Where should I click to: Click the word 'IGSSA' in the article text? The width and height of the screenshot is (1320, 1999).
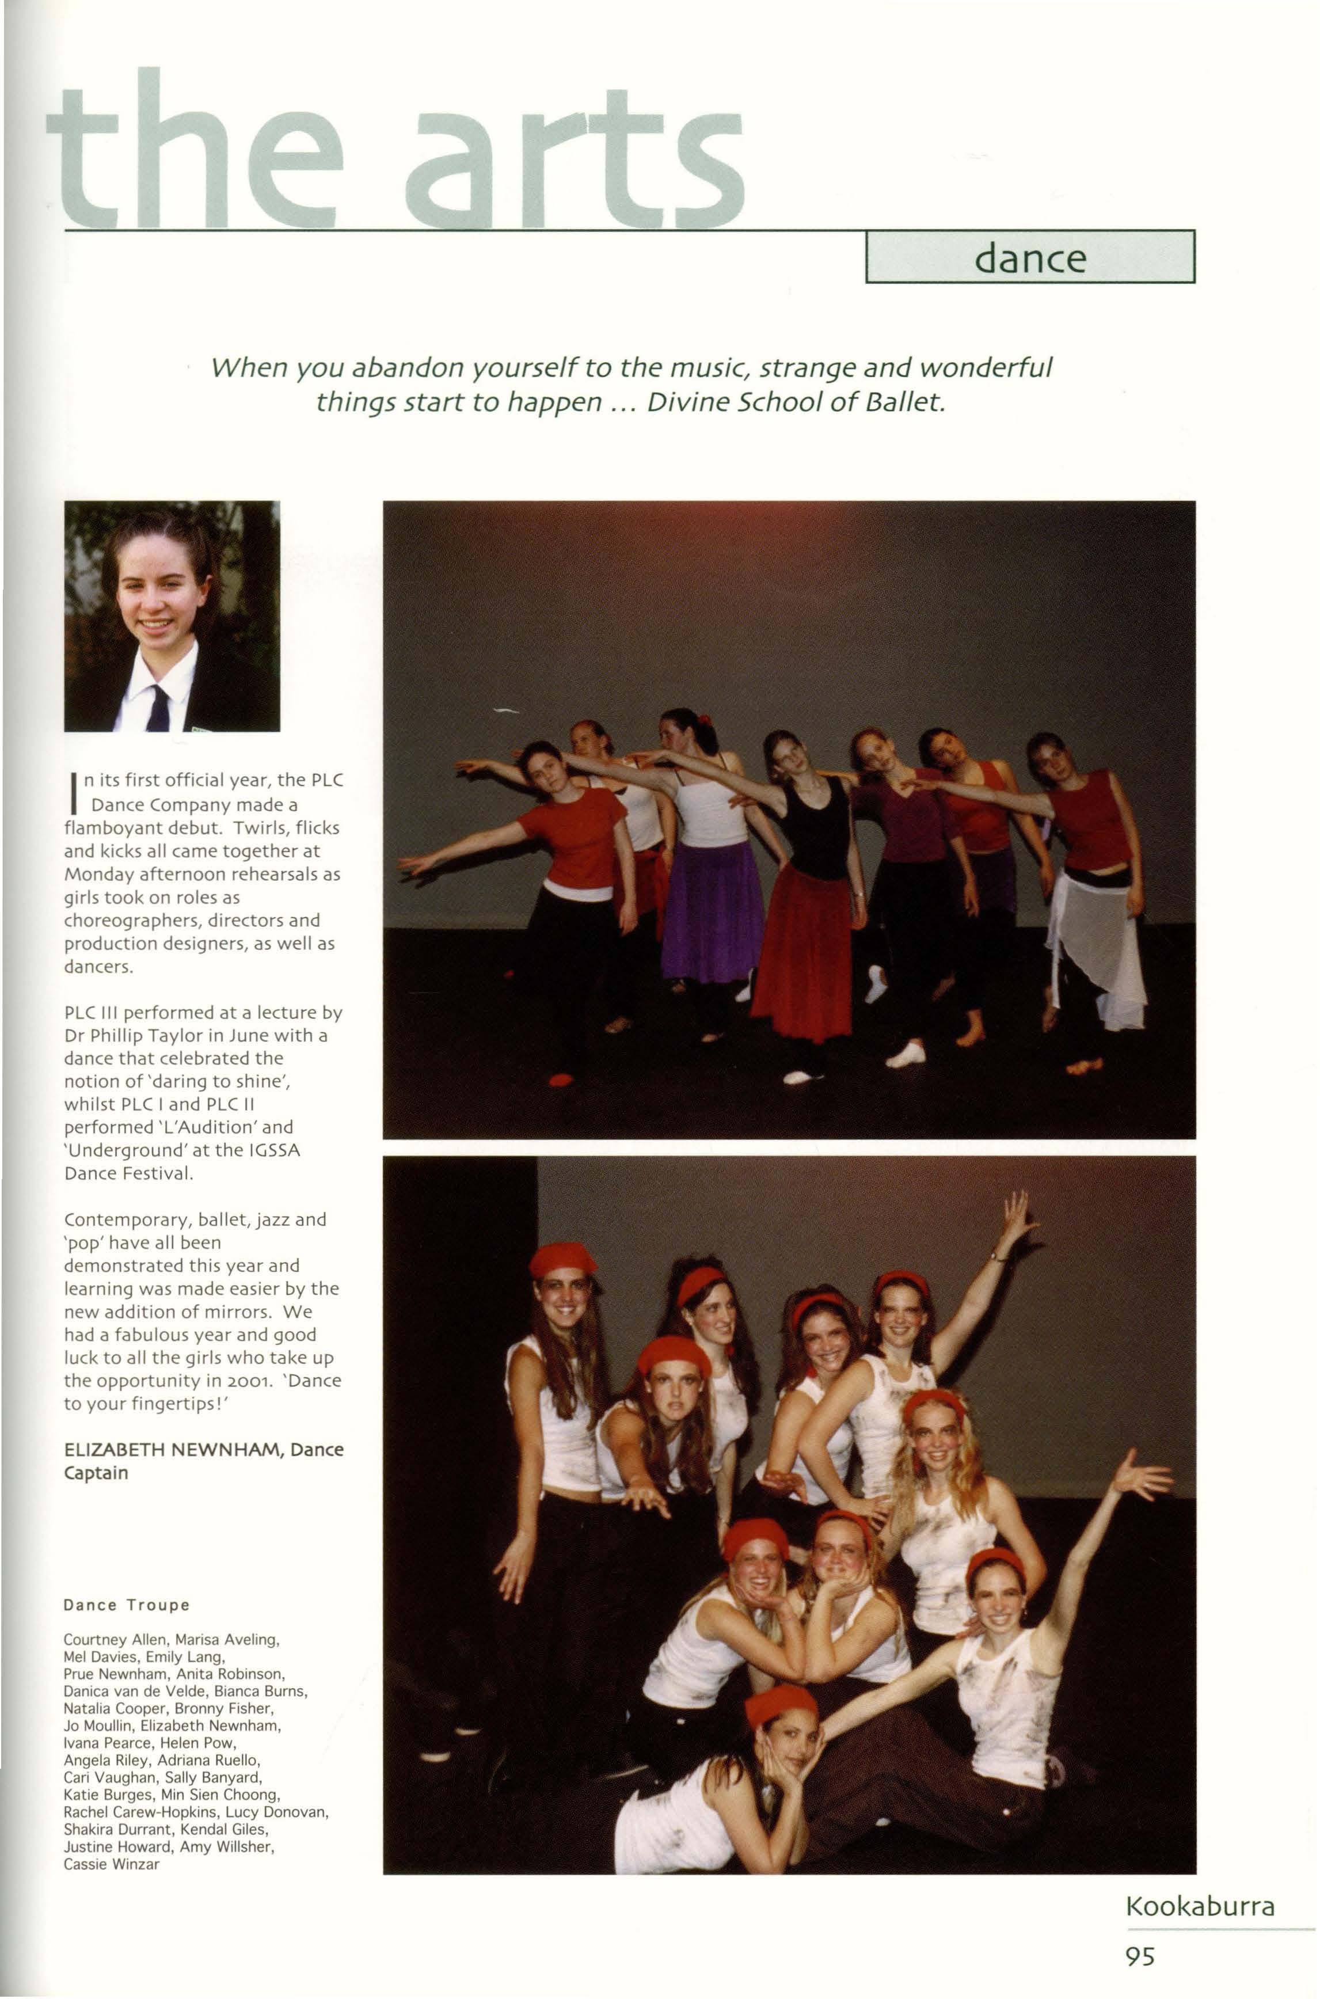point(271,1150)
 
